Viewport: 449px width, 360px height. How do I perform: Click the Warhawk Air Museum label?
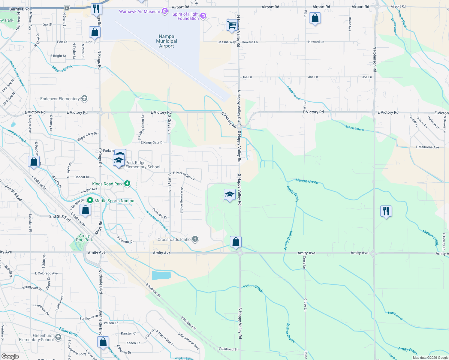[x=140, y=11]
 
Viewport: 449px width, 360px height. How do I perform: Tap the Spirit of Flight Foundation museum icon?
[x=203, y=16]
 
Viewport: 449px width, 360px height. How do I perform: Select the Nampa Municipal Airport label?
[x=167, y=41]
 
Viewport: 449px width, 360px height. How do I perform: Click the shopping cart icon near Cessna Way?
[x=232, y=25]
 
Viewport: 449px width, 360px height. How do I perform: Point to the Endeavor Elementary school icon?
[x=84, y=98]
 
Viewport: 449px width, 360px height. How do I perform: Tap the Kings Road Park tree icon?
[x=127, y=184]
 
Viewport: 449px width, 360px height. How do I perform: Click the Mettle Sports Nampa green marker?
[x=90, y=200]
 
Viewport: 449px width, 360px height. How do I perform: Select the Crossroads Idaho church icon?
[x=195, y=239]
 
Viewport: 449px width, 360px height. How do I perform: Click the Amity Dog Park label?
[x=84, y=238]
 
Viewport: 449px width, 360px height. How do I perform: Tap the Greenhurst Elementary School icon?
[x=58, y=337]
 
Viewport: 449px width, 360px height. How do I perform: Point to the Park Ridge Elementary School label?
[x=143, y=165]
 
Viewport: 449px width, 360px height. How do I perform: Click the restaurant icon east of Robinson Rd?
[x=386, y=211]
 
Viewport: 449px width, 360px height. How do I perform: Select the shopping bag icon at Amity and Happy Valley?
[x=236, y=242]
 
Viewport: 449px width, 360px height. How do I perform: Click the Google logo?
[x=10, y=356]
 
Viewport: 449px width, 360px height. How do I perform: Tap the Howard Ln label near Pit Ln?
[x=316, y=42]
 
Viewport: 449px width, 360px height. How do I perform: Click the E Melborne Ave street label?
[x=427, y=147]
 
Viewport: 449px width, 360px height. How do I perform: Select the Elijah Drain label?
[x=68, y=332]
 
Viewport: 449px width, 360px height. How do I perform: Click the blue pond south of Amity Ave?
[x=161, y=275]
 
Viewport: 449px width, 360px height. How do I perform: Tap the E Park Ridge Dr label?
[x=184, y=175]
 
